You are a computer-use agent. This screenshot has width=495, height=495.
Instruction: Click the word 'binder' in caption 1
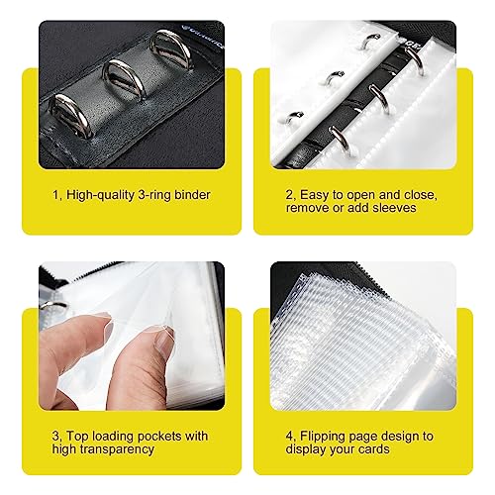[192, 195]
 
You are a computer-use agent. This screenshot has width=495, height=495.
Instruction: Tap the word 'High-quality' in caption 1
[101, 195]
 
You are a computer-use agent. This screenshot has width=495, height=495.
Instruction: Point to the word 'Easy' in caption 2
[314, 195]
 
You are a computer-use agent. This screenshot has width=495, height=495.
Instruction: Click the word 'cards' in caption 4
[373, 449]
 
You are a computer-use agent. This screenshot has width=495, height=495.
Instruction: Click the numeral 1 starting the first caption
[55, 195]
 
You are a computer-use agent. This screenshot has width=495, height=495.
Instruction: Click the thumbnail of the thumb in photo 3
[164, 340]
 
